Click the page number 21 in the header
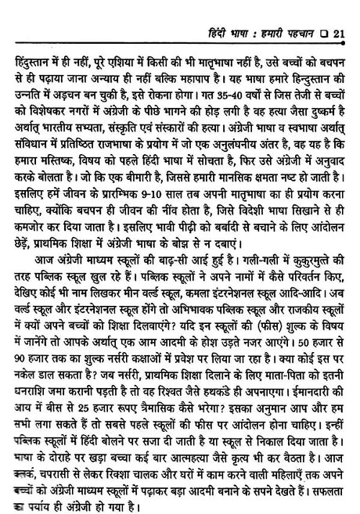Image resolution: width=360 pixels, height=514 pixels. pyautogui.click(x=339, y=10)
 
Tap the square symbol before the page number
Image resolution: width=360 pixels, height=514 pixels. pyautogui.click(x=322, y=10)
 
